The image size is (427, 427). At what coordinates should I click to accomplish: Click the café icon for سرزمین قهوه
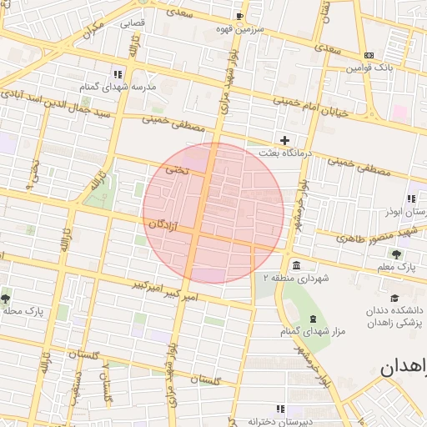click(x=240, y=16)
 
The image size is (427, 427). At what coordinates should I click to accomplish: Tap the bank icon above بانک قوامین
click(x=369, y=55)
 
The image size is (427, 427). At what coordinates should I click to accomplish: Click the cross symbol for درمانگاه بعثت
click(x=285, y=140)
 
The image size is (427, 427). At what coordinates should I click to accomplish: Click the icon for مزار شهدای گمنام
click(x=313, y=320)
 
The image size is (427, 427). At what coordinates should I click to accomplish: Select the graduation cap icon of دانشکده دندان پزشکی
click(x=395, y=297)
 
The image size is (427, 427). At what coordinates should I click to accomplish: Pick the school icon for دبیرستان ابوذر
click(x=411, y=198)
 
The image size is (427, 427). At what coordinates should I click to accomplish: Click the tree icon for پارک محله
click(x=6, y=298)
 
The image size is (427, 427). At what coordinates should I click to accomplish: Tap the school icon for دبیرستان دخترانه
click(x=279, y=409)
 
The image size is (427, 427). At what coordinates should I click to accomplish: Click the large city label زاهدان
click(x=404, y=368)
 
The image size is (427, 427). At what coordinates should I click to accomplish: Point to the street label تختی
click(x=176, y=169)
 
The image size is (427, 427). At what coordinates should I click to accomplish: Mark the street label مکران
click(x=93, y=31)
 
